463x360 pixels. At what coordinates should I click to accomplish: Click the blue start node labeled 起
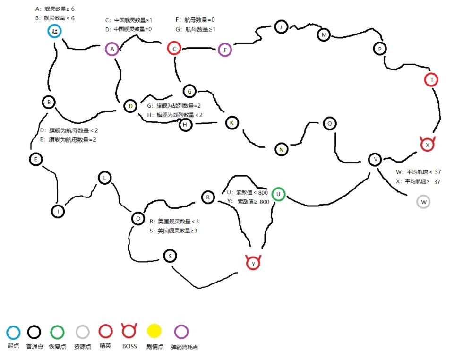[55, 32]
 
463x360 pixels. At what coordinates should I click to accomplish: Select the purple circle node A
[111, 49]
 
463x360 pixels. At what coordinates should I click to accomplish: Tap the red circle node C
[174, 48]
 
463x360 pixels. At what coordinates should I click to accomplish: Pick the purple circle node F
[225, 49]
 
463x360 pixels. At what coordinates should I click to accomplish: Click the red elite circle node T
[431, 80]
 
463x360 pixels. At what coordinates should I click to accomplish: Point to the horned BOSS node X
[427, 144]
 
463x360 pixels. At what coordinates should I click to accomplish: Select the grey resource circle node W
[423, 202]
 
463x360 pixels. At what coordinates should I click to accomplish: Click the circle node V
[376, 160]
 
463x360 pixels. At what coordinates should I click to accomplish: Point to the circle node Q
[329, 124]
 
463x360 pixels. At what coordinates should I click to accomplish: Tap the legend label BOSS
[129, 346]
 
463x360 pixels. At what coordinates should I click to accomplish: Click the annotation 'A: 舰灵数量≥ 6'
[55, 9]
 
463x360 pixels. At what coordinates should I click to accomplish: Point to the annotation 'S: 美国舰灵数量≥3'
[173, 231]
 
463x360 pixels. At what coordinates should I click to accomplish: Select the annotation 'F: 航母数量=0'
[195, 20]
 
